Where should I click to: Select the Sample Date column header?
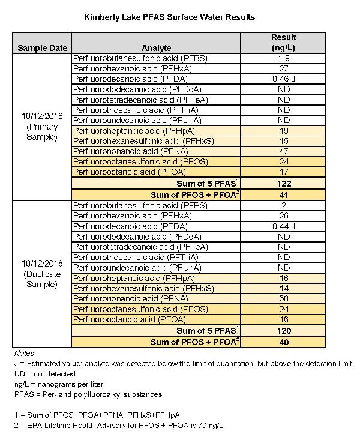click(42, 48)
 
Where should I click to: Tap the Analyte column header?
click(156, 48)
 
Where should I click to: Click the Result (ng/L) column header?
click(284, 43)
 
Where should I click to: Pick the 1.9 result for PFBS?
click(284, 59)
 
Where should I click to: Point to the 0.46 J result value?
click(284, 79)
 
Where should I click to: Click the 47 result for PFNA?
click(284, 151)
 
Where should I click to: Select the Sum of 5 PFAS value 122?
click(284, 183)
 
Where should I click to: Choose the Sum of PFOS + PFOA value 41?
click(284, 194)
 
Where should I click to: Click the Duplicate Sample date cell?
click(42, 273)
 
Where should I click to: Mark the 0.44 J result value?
click(284, 226)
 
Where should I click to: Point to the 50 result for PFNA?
click(284, 298)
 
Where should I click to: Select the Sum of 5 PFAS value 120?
click(284, 331)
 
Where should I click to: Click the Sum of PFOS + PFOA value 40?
click(284, 342)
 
